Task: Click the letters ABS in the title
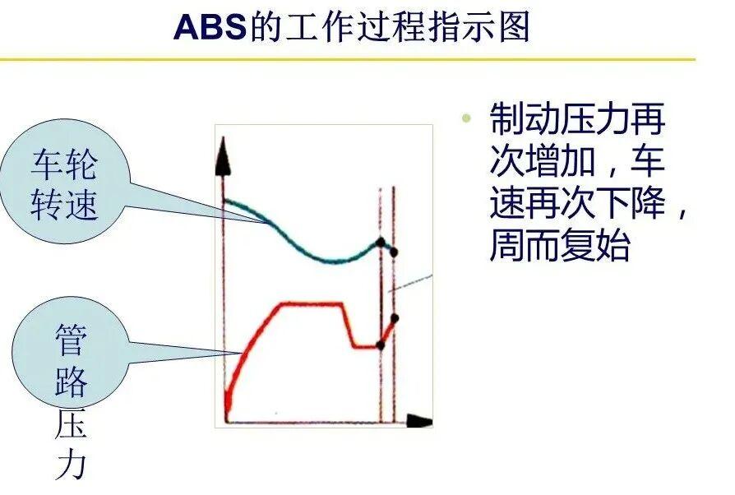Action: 210,26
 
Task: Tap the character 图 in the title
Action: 514,26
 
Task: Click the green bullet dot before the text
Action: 466,118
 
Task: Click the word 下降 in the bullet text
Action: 630,202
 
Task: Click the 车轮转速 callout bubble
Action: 65,182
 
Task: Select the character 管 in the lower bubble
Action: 72,340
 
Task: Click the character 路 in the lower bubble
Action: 72,381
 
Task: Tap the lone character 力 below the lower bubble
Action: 72,464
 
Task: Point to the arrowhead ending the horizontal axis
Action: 419,420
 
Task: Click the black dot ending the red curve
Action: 394,319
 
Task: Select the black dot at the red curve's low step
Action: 380,346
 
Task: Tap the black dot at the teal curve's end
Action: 394,252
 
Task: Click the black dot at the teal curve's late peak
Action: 381,243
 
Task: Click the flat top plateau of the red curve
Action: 312,303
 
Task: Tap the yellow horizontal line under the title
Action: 347,59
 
